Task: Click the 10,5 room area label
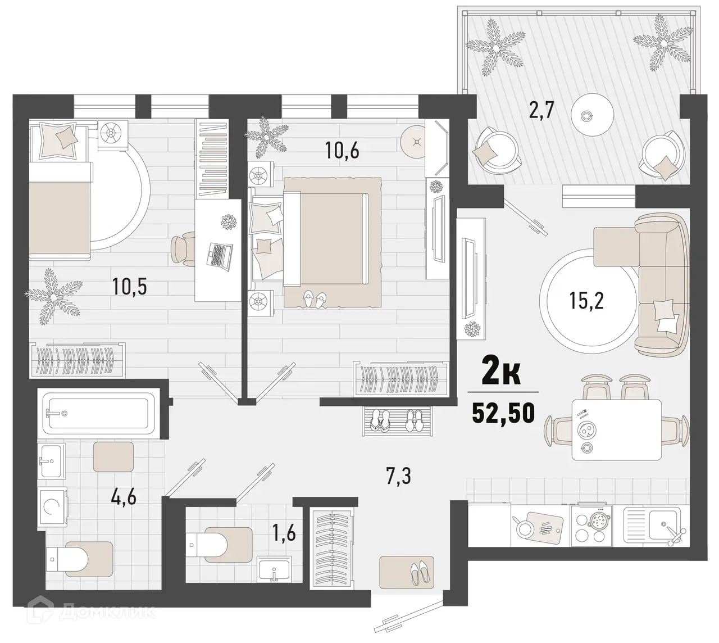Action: point(129,287)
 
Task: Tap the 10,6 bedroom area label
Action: point(342,150)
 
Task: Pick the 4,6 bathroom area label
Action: point(125,496)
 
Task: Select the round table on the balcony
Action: point(588,115)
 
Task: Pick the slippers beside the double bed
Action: point(313,299)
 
